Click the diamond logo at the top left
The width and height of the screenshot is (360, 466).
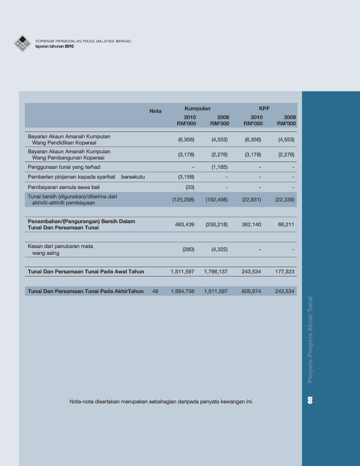22,43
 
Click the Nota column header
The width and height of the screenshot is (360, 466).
155,111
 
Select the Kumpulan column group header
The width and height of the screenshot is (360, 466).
197,108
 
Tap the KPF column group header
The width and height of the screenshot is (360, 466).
264,108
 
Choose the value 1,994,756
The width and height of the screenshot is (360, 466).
182,292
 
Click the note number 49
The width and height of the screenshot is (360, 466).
155,292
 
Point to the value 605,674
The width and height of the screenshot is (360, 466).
252,292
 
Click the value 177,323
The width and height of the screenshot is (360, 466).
285,271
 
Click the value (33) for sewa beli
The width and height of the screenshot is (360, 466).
190,187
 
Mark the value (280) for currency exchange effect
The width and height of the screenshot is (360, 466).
189,250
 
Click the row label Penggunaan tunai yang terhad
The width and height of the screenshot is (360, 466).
64,167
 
